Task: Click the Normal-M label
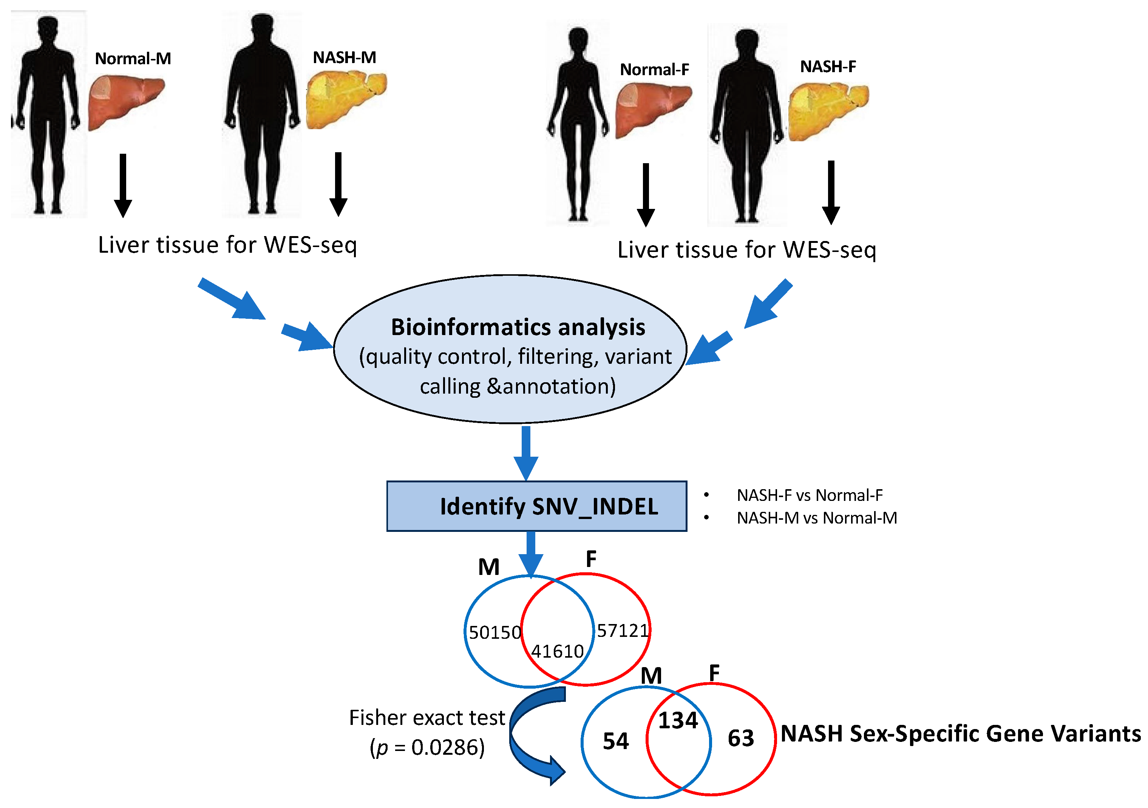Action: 133,59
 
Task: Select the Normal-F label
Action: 655,70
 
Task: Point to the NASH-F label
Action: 828,66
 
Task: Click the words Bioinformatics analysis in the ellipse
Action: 518,328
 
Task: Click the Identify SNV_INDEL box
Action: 536,506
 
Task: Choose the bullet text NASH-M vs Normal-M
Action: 816,518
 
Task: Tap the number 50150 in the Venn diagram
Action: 494,632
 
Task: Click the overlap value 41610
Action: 557,651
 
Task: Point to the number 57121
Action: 623,630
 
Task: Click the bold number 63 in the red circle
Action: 740,738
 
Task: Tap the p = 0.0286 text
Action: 428,748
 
